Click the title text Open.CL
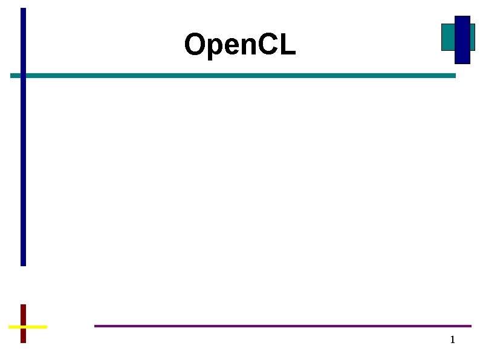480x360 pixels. click(240, 45)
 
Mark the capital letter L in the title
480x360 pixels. click(288, 45)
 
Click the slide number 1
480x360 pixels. click(452, 339)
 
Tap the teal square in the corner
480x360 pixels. click(447, 37)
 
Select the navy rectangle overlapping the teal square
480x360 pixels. click(462, 40)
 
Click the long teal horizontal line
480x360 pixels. click(242, 76)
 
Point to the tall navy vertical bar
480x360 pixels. click(24, 169)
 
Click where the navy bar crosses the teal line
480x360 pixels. click(24, 76)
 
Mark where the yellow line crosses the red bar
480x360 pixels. click(24, 327)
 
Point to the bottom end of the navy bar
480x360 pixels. click(24, 264)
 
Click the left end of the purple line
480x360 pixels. click(96, 326)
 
